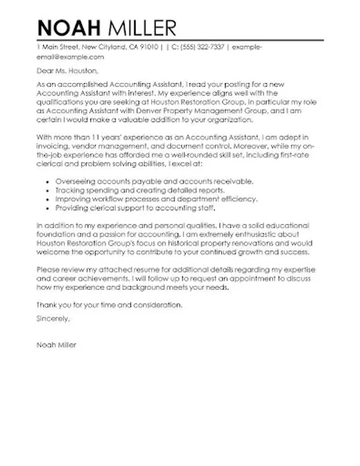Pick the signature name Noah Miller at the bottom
[x=56, y=345]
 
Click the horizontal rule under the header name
[x=180, y=39]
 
